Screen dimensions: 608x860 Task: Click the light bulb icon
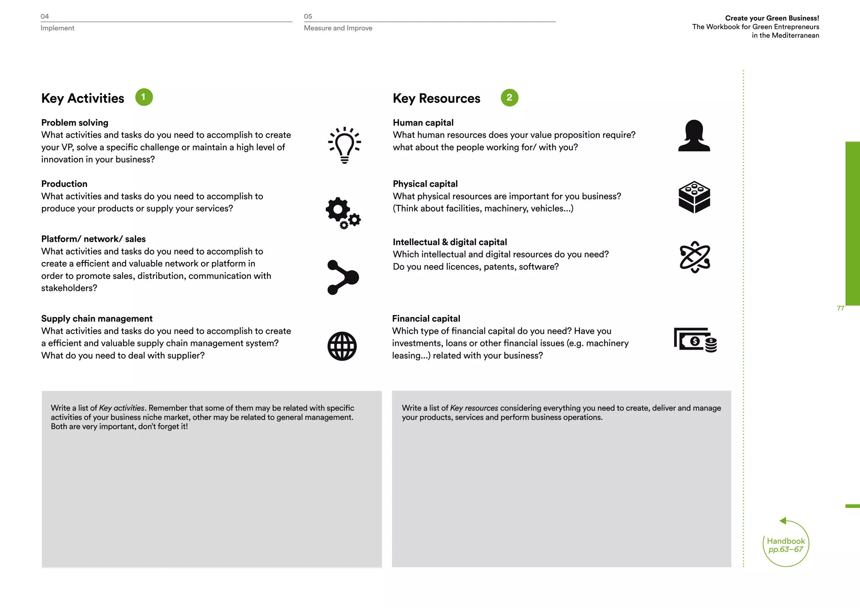click(x=344, y=145)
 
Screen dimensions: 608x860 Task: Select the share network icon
click(x=343, y=277)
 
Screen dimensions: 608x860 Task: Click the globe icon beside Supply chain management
click(x=342, y=346)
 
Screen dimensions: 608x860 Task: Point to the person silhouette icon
click(x=694, y=136)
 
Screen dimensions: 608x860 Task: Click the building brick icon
click(x=694, y=197)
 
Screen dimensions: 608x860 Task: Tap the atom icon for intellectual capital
click(x=695, y=257)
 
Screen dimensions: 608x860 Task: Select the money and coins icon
click(x=695, y=339)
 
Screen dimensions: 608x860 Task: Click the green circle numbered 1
click(x=144, y=97)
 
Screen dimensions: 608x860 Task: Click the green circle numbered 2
click(x=509, y=98)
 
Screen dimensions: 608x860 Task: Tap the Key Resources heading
click(x=436, y=98)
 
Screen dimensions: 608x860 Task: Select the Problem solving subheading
click(x=75, y=123)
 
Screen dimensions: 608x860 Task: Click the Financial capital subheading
click(x=426, y=319)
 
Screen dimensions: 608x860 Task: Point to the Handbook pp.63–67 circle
click(x=786, y=545)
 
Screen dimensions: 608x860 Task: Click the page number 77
click(x=840, y=308)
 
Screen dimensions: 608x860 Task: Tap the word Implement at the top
click(x=57, y=28)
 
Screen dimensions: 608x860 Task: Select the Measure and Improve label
click(x=338, y=28)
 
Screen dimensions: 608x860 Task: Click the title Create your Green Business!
click(x=772, y=18)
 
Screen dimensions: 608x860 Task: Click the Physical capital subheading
click(x=425, y=184)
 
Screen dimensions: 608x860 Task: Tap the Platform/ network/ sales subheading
click(x=93, y=239)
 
